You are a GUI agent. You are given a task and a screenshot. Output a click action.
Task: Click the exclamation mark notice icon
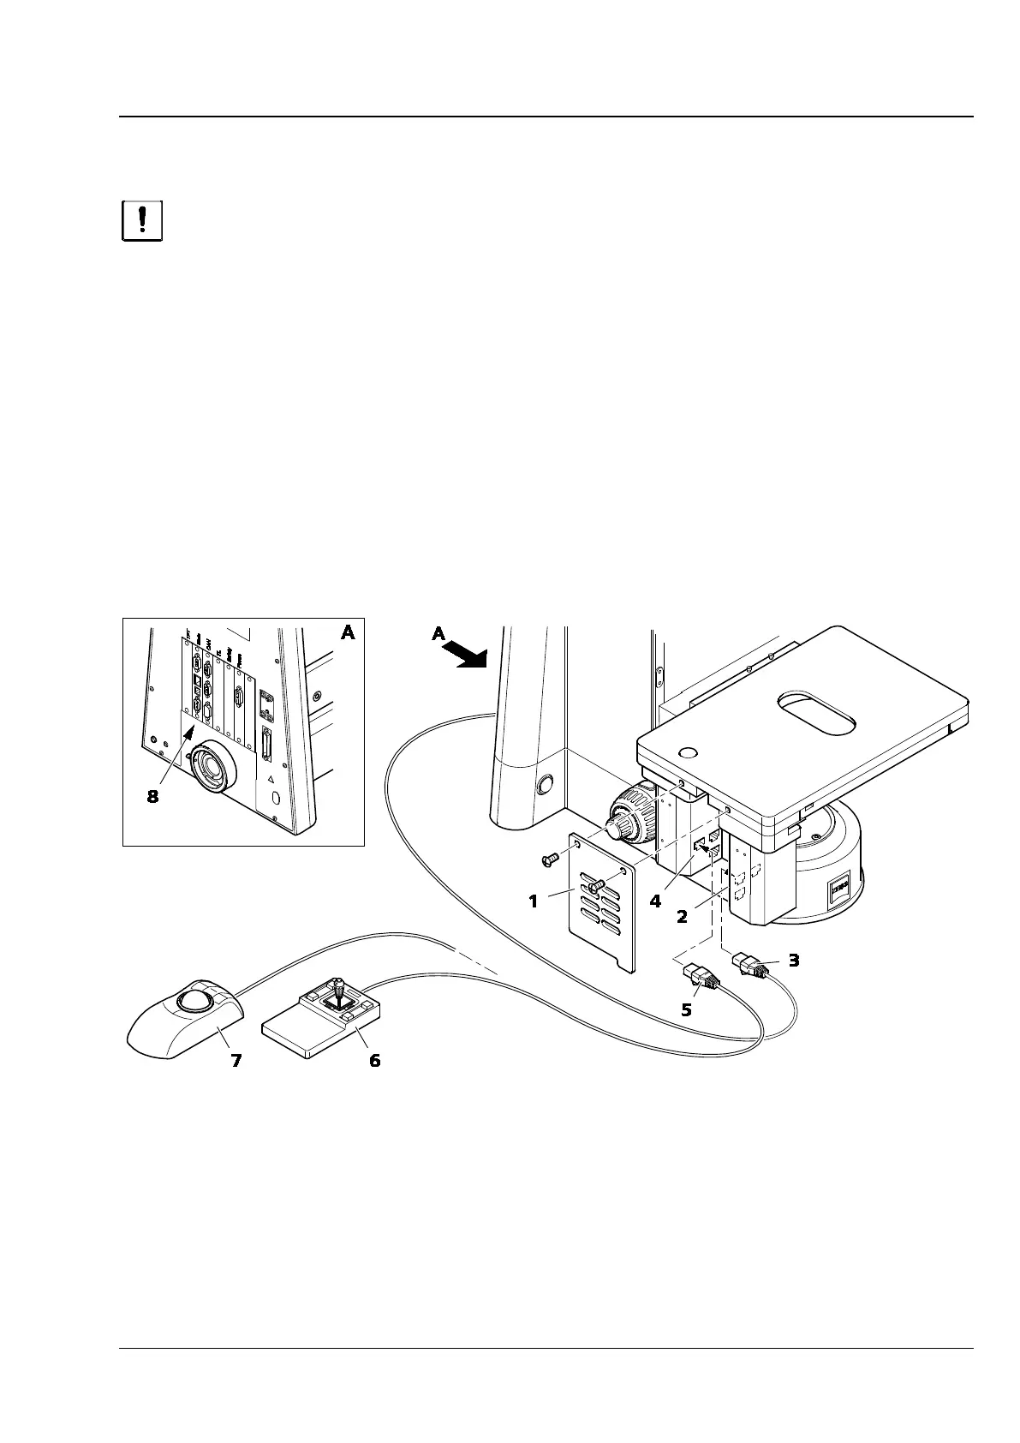[x=142, y=221]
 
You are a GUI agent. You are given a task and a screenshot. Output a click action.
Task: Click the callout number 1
[x=534, y=901]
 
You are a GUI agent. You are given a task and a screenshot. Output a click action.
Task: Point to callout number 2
[x=682, y=916]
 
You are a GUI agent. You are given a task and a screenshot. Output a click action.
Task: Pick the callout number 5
[x=686, y=1009]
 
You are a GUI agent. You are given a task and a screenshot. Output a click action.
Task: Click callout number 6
[x=374, y=1061]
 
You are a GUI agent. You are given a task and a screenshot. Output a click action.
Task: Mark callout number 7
[x=236, y=1061]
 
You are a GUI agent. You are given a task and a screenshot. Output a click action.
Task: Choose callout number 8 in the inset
[x=152, y=797]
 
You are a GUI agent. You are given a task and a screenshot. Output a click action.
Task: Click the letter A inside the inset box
[x=348, y=633]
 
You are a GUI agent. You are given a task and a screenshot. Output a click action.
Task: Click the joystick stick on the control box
[x=340, y=990]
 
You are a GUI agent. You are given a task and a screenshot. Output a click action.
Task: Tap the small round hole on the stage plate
[x=687, y=754]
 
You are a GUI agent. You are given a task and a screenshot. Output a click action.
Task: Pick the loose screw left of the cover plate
[x=552, y=854]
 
